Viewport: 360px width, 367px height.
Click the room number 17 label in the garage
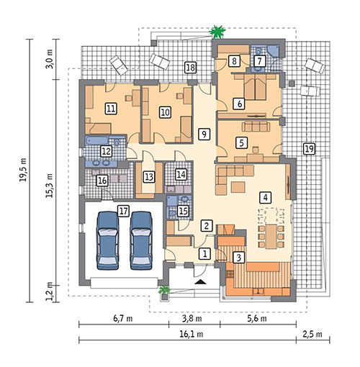coord(123,212)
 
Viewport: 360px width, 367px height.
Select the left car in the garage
coord(107,240)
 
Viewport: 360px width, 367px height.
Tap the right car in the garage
coord(141,240)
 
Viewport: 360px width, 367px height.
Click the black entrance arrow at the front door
coord(200,282)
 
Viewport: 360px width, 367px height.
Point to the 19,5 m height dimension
coord(23,170)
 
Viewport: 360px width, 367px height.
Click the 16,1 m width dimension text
coord(192,334)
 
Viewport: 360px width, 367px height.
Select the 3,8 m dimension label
coord(192,318)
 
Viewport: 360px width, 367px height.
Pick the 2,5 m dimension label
coord(312,334)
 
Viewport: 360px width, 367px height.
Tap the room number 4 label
coord(265,197)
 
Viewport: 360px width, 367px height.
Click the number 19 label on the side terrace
coord(309,149)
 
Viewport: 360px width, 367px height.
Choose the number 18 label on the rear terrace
coord(190,68)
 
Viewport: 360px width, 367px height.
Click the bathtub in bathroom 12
coord(96,141)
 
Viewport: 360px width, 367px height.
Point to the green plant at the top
coord(217,32)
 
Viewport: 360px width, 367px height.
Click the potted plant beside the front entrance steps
coord(164,291)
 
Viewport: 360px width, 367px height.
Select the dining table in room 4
coord(271,237)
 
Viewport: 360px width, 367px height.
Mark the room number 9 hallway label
coord(204,134)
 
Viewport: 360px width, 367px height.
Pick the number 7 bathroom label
coord(259,61)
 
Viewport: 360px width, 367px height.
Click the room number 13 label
coord(149,177)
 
